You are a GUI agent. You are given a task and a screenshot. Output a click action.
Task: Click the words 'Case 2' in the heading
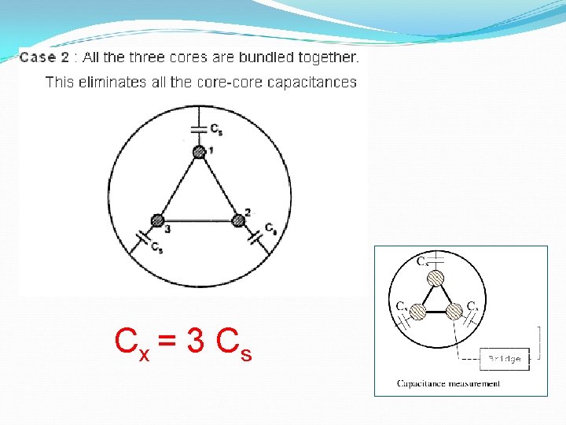tap(45, 57)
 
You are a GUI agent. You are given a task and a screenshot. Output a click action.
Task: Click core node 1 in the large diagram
tap(199, 152)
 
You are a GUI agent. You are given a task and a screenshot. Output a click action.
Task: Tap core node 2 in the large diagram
tap(239, 220)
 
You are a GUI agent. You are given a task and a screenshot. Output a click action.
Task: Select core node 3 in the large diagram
tap(159, 220)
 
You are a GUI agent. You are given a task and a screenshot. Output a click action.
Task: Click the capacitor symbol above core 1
tap(199, 129)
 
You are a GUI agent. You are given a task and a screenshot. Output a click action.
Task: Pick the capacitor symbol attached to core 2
tap(258, 234)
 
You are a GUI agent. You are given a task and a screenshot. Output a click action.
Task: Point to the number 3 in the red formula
tap(197, 341)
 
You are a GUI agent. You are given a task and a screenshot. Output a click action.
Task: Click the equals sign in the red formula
tap(167, 342)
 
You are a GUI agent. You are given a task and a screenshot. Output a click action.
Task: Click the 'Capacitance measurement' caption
tap(448, 384)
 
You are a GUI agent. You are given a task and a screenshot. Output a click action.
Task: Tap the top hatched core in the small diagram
tap(436, 278)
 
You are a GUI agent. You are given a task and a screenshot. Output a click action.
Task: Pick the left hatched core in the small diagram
tap(418, 312)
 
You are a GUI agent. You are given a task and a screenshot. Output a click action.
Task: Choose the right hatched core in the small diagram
tap(454, 312)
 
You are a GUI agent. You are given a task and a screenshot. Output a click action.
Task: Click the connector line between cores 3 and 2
tap(199, 220)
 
